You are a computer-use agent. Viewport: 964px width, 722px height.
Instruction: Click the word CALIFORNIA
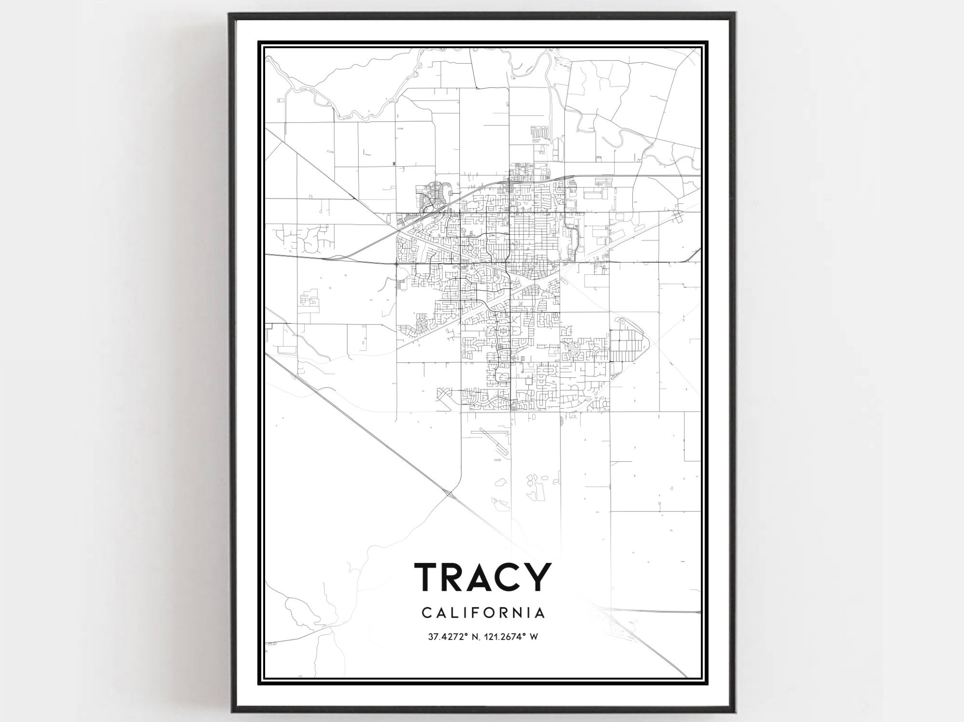483,613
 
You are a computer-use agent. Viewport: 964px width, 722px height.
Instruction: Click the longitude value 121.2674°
506,637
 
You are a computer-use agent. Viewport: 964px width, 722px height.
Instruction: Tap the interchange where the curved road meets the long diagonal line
449,494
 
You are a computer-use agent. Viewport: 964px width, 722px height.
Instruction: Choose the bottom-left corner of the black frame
230,712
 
